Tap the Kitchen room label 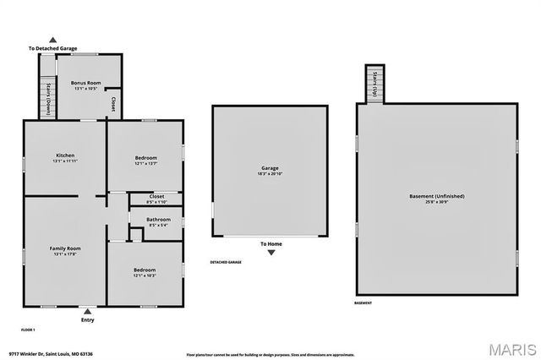[65, 155]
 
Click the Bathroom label [156, 220]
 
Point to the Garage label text [269, 168]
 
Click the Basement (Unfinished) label [436, 195]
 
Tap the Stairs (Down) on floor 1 [49, 99]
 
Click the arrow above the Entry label [87, 311]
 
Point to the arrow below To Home [270, 252]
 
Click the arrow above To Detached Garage [53, 40]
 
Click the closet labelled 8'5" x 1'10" [156, 199]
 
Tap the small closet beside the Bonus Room [113, 104]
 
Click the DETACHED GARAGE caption [226, 263]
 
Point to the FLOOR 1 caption [29, 328]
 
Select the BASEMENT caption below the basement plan [363, 303]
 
